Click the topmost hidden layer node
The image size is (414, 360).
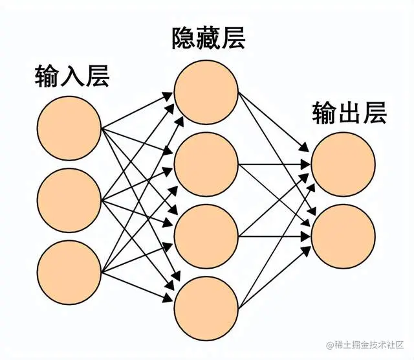(x=206, y=93)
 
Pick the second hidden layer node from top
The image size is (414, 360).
(x=206, y=164)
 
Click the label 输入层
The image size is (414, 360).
(x=72, y=77)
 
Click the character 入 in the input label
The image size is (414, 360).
(x=72, y=77)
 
